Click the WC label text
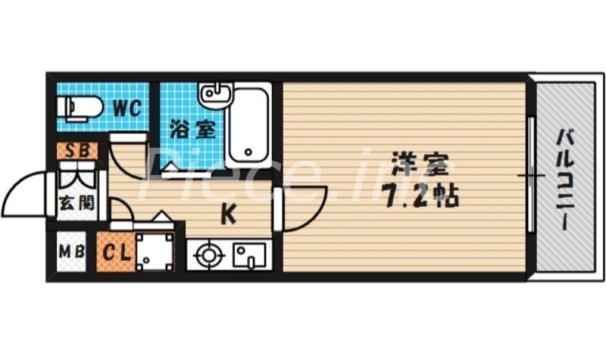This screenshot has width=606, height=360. pyautogui.click(x=127, y=108)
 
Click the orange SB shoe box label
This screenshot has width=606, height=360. pyautogui.click(x=77, y=150)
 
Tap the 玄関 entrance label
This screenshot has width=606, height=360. pyautogui.click(x=76, y=204)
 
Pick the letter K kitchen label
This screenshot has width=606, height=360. pyautogui.click(x=228, y=215)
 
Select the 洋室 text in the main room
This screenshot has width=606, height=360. pyautogui.click(x=420, y=164)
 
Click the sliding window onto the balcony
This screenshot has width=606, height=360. pyautogui.click(x=532, y=178)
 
